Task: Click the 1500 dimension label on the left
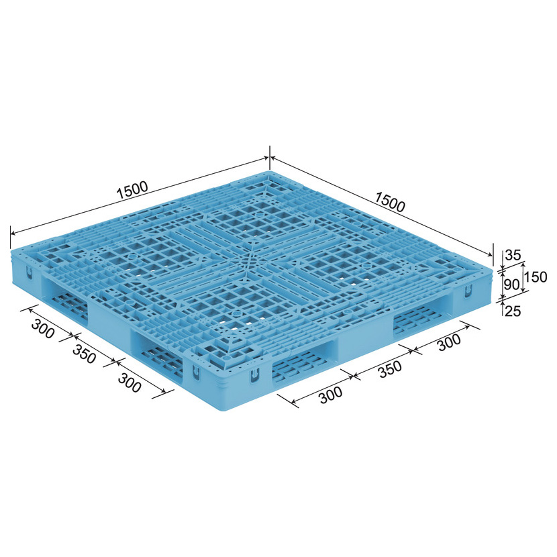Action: tap(132, 190)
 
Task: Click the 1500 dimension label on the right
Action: tap(390, 202)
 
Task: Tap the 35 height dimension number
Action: tap(513, 255)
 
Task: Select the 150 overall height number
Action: tap(536, 276)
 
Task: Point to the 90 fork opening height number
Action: tap(512, 284)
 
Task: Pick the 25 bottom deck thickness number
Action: tap(513, 311)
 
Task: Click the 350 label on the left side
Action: tap(84, 354)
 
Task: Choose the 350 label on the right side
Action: tap(390, 370)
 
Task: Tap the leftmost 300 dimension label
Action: tap(43, 329)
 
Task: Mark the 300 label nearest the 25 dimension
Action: tap(449, 342)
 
